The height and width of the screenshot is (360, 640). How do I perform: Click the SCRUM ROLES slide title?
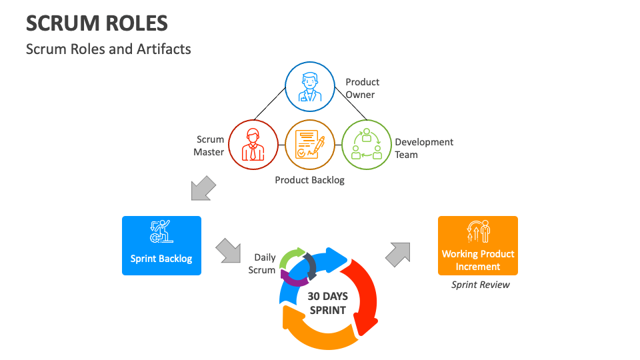click(x=97, y=24)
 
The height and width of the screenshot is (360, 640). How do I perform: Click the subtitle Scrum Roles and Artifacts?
click(x=108, y=49)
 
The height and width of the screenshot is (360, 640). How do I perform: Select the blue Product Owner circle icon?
click(x=309, y=87)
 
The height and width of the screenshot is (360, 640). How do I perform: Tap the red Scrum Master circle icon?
click(x=253, y=144)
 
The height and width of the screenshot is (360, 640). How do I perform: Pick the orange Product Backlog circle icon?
click(x=309, y=144)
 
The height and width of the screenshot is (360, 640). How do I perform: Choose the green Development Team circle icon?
click(x=366, y=144)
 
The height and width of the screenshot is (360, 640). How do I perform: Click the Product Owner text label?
click(x=362, y=88)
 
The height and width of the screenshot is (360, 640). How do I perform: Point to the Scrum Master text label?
click(x=209, y=145)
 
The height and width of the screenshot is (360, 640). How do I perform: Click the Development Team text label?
click(x=423, y=148)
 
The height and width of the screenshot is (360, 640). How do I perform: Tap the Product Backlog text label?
click(x=309, y=180)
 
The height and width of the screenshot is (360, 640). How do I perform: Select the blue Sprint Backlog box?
click(x=161, y=245)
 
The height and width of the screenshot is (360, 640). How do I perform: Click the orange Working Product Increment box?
click(x=477, y=245)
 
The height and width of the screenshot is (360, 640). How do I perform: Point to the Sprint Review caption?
click(x=480, y=285)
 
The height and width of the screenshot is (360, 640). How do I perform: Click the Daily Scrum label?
click(x=263, y=263)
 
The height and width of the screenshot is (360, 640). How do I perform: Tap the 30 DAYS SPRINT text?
click(x=327, y=303)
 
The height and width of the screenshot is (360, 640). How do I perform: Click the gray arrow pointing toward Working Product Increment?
click(x=399, y=253)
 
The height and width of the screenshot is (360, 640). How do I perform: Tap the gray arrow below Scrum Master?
click(x=203, y=188)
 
